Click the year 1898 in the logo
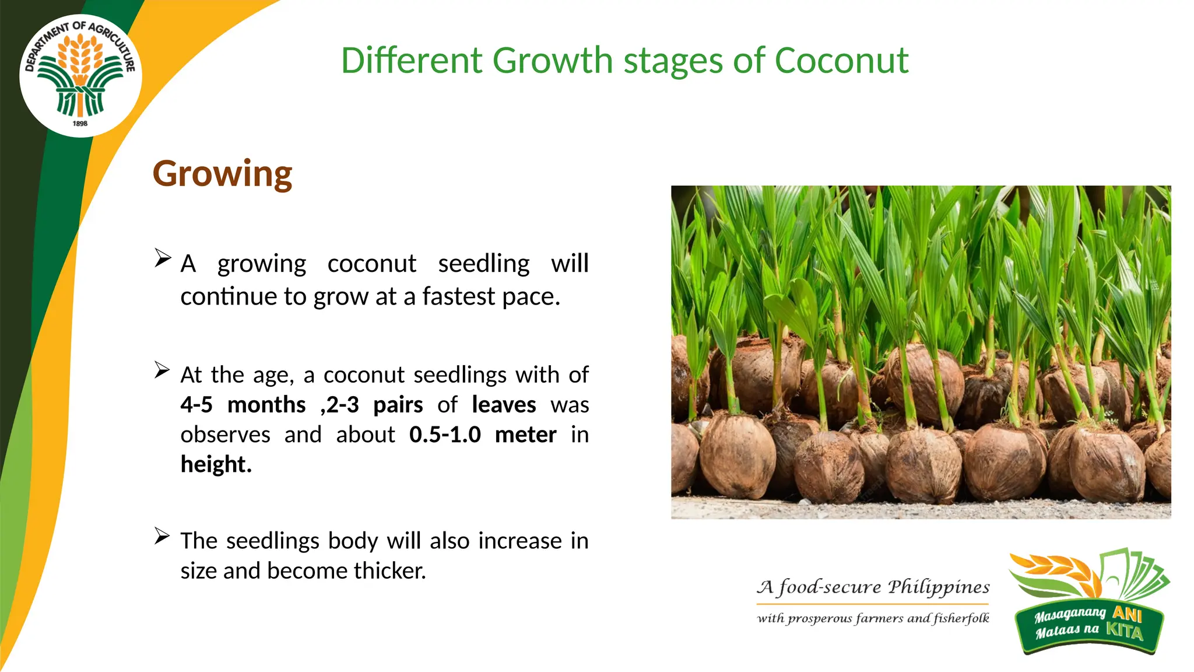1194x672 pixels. pos(80,124)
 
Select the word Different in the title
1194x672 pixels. pos(412,61)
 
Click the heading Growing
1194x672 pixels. pos(222,174)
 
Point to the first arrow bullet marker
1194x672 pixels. pos(163,258)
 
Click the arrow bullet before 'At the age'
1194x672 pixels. pos(163,370)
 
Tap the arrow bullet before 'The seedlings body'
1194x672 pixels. pos(163,535)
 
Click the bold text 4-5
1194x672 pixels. pos(196,405)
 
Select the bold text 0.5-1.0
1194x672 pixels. pos(445,435)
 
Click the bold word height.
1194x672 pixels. pos(215,464)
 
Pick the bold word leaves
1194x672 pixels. pos(504,405)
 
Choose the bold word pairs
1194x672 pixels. pos(398,405)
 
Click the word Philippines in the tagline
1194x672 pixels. pos(939,587)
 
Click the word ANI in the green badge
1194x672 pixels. pos(1127,613)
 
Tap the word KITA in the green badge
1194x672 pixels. pos(1125,631)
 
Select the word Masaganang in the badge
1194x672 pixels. pos(1070,614)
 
